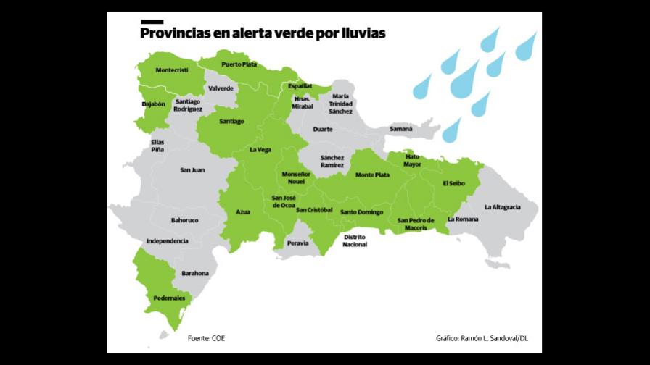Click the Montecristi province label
click(x=172, y=70)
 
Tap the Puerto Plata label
click(x=239, y=64)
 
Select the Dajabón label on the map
click(x=153, y=104)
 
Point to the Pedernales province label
click(x=169, y=298)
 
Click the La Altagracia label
click(x=502, y=207)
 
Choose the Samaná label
click(x=400, y=129)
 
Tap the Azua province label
click(x=243, y=211)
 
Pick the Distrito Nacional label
click(x=355, y=240)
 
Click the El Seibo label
click(x=454, y=183)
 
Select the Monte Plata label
click(x=372, y=175)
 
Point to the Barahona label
click(x=195, y=273)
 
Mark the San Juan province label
click(x=192, y=169)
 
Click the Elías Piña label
click(x=157, y=145)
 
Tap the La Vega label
click(x=260, y=150)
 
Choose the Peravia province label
click(x=298, y=243)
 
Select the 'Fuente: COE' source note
click(x=211, y=338)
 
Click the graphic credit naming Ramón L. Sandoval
click(x=482, y=338)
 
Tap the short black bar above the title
click(x=152, y=22)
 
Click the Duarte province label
click(x=323, y=129)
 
